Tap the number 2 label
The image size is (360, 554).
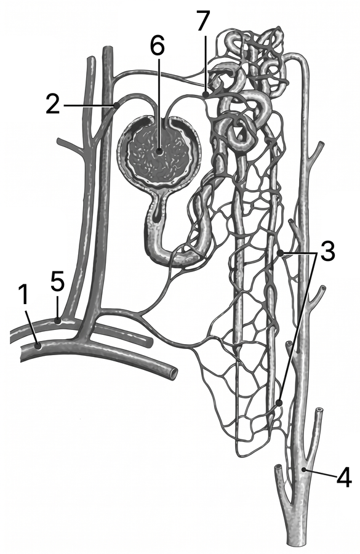point(53,104)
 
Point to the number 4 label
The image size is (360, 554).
point(344,476)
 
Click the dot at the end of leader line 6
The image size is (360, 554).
point(159,152)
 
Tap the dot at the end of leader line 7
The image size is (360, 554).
point(206,94)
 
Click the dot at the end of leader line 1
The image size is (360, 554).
point(39,346)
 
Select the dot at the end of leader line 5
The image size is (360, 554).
point(58,321)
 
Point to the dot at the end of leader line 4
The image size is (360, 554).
point(304,470)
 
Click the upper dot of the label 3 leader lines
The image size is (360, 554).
point(280,253)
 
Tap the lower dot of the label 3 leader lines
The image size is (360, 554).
point(279,403)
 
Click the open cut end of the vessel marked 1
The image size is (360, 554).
point(174,373)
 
